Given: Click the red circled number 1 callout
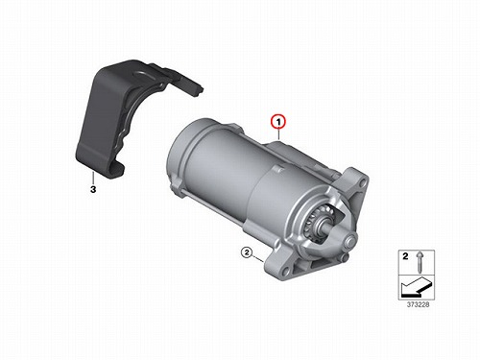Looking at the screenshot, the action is (x=278, y=122).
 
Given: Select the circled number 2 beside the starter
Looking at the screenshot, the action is (x=247, y=252).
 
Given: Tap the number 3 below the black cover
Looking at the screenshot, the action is (x=93, y=189).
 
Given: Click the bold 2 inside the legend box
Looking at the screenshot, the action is (x=405, y=256).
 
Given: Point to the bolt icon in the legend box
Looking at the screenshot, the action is (x=420, y=262).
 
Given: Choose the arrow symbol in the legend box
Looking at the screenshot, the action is (x=416, y=286).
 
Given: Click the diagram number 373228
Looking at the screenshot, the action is (x=418, y=304).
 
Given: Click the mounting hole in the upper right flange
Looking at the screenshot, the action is (x=362, y=183).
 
